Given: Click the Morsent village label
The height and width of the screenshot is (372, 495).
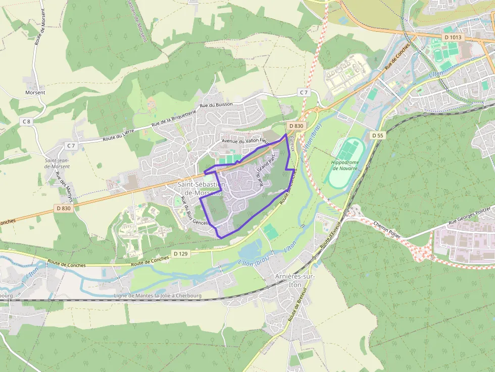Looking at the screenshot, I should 35,93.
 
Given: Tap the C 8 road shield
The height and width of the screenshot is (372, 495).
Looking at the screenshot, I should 26,122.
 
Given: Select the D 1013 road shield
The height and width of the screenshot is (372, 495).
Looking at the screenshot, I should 453,37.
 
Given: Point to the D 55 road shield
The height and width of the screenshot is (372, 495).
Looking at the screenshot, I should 377,135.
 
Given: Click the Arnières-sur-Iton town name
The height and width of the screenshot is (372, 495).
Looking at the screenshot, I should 294,281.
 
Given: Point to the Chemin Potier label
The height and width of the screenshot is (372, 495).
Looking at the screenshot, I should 387,230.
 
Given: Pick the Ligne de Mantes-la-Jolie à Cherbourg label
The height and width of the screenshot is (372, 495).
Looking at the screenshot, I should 158,296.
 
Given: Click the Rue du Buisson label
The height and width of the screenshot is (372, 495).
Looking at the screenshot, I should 216,104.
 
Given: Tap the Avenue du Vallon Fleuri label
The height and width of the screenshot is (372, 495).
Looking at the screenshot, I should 246,141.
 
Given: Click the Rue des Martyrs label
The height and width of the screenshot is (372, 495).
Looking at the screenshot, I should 64,187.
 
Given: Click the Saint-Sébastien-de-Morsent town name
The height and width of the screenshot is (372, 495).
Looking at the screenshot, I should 200,188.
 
